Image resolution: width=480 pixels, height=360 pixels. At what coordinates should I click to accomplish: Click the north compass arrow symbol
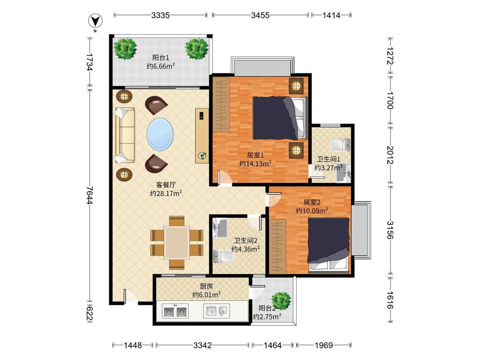pyautogui.click(x=95, y=21)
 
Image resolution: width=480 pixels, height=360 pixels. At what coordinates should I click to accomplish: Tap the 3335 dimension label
pyautogui.click(x=160, y=15)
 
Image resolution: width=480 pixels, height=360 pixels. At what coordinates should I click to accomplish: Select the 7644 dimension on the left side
pyautogui.click(x=90, y=195)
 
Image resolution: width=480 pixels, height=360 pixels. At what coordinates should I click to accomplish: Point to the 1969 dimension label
pyautogui.click(x=323, y=345)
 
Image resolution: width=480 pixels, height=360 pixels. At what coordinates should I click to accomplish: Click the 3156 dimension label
pyautogui.click(x=390, y=230)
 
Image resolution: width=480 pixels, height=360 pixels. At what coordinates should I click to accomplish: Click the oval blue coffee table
pyautogui.click(x=160, y=134)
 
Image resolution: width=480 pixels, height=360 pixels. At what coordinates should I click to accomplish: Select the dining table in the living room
pyautogui.click(x=177, y=242)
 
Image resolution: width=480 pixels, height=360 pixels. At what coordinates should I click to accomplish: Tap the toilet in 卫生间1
pyautogui.click(x=340, y=145)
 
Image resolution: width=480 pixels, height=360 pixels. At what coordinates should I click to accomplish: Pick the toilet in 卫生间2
pyautogui.click(x=223, y=256)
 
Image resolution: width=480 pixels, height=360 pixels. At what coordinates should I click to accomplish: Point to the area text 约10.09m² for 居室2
pyautogui.click(x=312, y=211)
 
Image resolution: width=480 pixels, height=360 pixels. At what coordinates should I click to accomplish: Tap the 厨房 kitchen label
pyautogui.click(x=207, y=286)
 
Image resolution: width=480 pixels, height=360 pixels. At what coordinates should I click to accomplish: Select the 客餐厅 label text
pyautogui.click(x=166, y=185)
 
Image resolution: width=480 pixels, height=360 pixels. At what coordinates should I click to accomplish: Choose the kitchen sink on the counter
pyautogui.click(x=216, y=311)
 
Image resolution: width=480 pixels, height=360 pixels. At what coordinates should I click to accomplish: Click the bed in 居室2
pyautogui.click(x=329, y=244)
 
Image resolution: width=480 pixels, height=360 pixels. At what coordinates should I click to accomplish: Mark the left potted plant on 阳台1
pyautogui.click(x=125, y=48)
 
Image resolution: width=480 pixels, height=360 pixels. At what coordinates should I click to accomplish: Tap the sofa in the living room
pyautogui.click(x=125, y=135)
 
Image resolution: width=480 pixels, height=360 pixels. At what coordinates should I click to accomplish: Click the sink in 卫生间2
pyautogui.click(x=220, y=228)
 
